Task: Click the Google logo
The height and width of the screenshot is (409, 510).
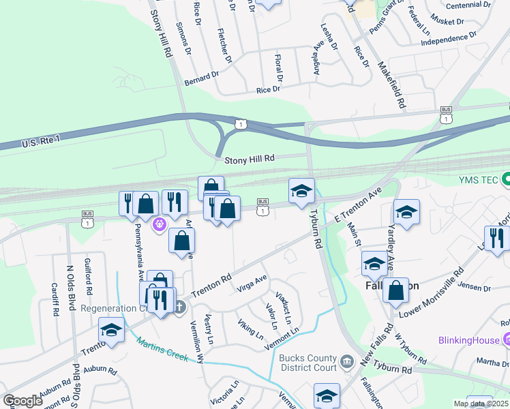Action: (22, 401)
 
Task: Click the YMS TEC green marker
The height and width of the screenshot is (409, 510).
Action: (505, 180)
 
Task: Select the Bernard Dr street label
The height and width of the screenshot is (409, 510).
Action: (201, 78)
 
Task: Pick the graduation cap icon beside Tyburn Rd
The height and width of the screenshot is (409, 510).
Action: (301, 192)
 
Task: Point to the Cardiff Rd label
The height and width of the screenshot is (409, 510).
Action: (55, 301)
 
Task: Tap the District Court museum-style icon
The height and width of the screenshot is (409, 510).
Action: (346, 360)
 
